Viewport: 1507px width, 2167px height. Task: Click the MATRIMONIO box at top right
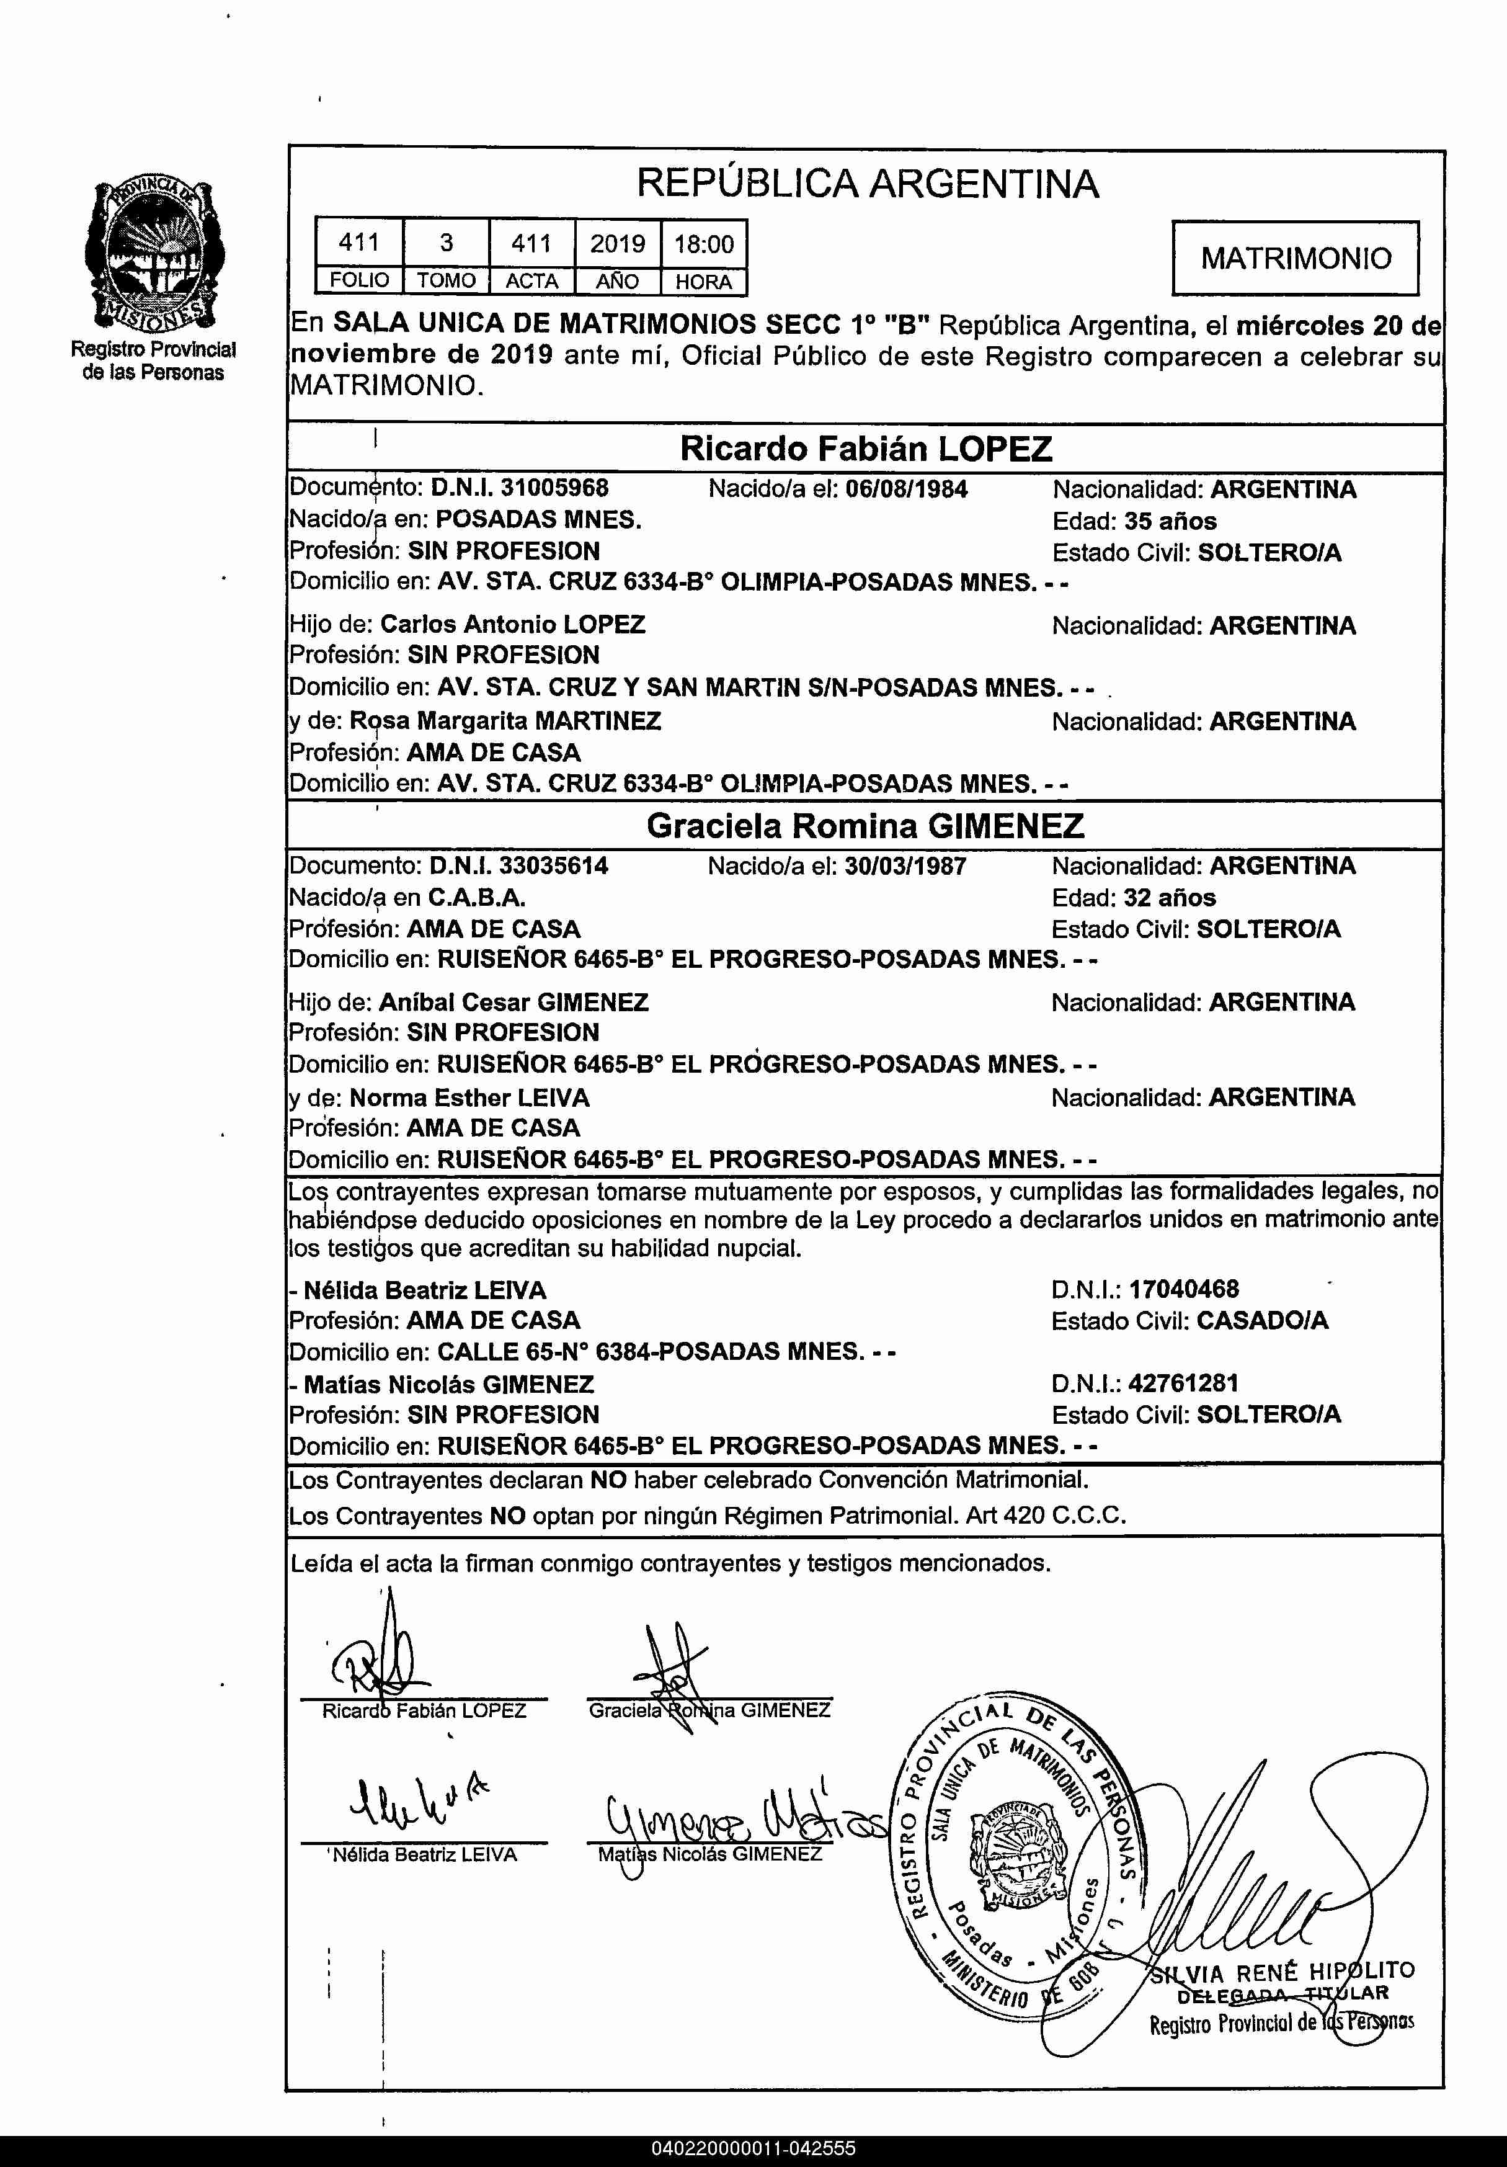(1295, 257)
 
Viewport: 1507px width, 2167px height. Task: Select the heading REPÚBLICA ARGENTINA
(867, 183)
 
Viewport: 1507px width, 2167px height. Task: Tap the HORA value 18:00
(703, 244)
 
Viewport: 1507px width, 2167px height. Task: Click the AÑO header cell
(617, 281)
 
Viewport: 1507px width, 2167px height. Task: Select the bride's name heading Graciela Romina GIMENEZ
(865, 826)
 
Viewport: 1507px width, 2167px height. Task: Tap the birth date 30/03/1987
(905, 865)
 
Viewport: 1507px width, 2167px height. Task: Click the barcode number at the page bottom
(753, 2148)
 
